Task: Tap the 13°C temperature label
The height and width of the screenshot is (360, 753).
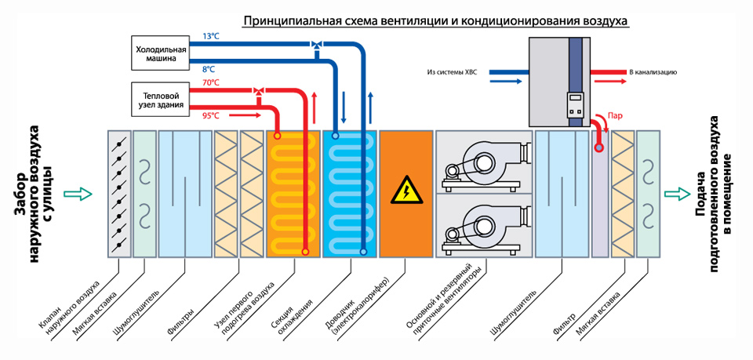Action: pos(211,36)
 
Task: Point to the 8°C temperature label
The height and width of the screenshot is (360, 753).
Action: pos(209,69)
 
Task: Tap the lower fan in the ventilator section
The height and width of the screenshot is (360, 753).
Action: pos(475,227)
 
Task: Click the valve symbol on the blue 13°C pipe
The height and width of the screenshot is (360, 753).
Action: pos(316,44)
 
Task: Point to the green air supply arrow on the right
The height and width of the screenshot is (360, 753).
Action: pos(675,193)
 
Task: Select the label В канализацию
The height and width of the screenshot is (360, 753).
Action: pos(653,71)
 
